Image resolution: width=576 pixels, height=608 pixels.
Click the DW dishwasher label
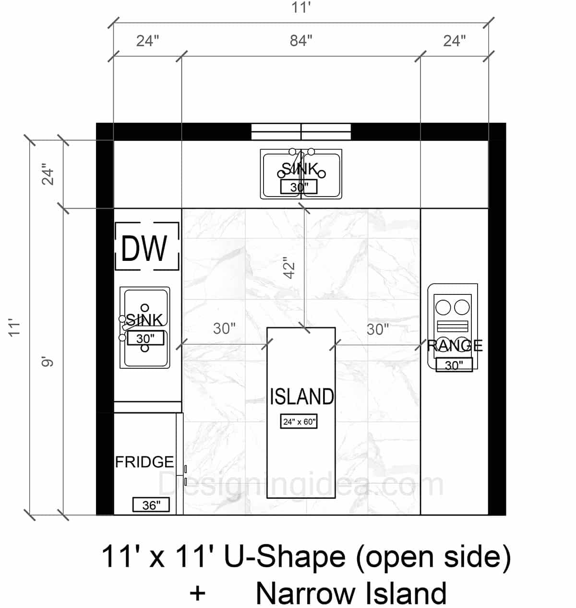pos(144,248)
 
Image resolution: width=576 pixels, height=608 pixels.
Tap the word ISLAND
pos(301,397)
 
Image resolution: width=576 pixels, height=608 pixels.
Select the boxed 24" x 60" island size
pos(299,421)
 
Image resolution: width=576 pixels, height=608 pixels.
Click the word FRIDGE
pos(144,462)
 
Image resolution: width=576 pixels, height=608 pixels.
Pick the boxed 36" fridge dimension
pos(151,505)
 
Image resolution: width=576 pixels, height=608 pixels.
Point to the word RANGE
pos(455,345)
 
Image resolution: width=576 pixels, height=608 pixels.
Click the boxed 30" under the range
pos(454,365)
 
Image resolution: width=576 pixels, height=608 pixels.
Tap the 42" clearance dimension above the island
pos(290,268)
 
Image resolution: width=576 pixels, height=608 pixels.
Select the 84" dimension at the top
pos(301,41)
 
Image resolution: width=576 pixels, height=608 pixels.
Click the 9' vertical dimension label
pos(48,362)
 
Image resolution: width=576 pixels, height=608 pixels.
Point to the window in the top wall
pos(301,132)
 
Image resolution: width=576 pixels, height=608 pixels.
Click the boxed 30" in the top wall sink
pos(299,187)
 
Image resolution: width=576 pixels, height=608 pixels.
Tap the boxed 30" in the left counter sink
pos(145,339)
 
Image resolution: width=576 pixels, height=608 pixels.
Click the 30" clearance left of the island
pos(224,329)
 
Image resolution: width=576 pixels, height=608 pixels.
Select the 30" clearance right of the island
pos(377,329)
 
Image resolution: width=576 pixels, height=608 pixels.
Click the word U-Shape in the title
pos(285,557)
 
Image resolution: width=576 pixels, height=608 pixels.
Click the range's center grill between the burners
pos(453,326)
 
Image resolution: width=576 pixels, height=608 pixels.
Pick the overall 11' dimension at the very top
pos(301,7)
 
